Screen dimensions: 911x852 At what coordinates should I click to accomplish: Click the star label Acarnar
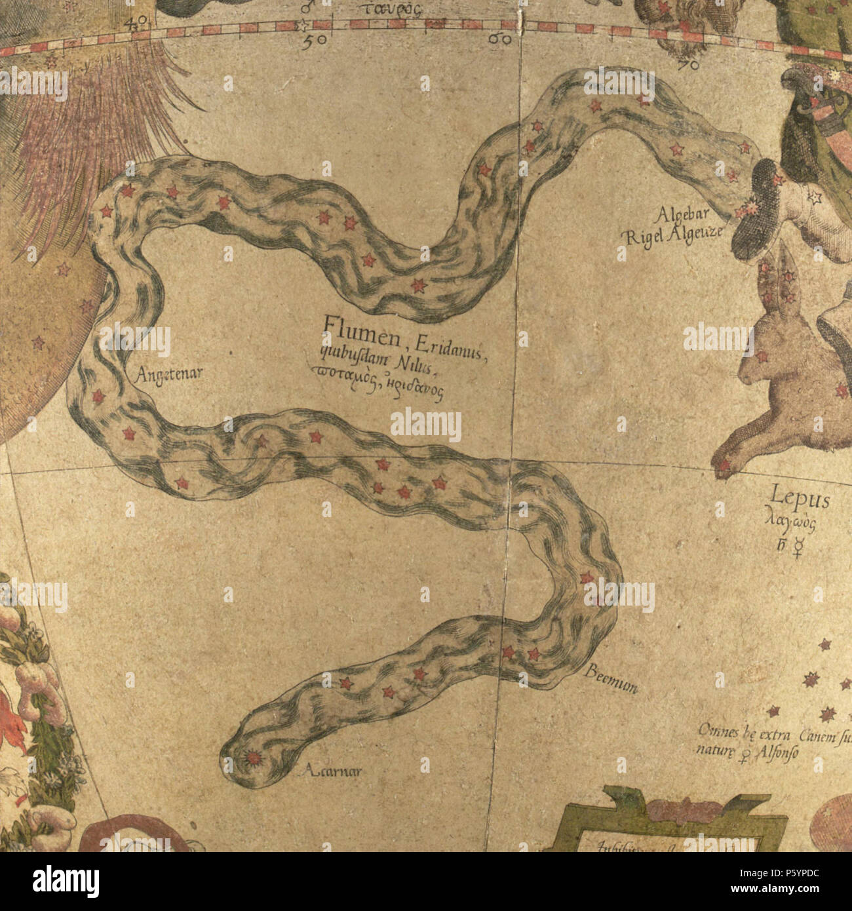click(x=334, y=771)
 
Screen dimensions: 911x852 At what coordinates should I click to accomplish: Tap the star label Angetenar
click(x=170, y=375)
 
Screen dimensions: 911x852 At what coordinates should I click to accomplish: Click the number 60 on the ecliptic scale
click(x=500, y=40)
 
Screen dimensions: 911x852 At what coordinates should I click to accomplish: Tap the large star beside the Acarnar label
click(x=252, y=759)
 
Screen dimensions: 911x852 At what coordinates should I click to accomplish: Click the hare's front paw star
click(x=724, y=467)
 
